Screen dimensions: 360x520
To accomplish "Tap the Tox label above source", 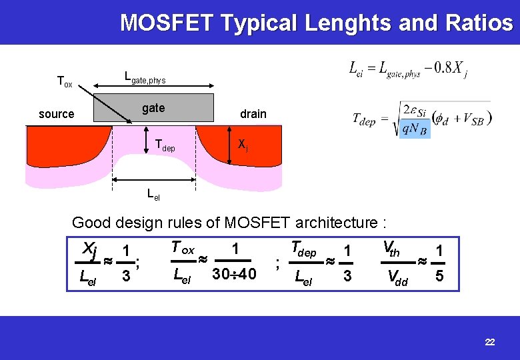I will pos(64,83).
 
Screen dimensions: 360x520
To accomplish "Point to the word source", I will pos(57,114).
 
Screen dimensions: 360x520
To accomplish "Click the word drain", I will pos(253,113).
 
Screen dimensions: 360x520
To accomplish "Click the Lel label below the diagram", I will pos(153,195).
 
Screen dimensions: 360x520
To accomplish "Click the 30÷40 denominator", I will pos(233,274).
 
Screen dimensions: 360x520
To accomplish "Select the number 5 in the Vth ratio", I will pos(439,275).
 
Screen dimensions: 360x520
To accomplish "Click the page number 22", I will pos(490,342).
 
